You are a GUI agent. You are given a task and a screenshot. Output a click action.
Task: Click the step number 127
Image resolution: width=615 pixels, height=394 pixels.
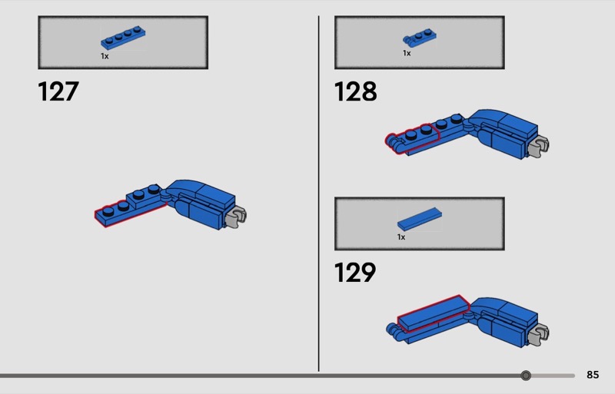(58, 91)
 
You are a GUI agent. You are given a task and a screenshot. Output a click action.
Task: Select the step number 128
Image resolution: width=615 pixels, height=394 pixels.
(355, 91)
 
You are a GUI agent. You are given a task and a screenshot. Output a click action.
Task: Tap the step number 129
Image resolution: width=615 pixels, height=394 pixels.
(355, 273)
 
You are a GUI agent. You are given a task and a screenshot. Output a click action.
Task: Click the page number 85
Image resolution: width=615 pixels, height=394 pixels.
(593, 375)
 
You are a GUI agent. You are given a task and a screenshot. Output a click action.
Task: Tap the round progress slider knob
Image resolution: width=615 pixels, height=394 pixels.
(526, 376)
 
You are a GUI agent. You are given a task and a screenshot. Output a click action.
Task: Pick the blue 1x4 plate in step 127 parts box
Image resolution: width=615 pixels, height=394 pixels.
(123, 38)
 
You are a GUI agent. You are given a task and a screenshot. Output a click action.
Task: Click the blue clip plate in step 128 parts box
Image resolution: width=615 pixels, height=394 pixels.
(419, 38)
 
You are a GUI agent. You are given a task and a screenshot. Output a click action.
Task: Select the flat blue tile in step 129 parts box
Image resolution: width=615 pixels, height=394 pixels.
(419, 219)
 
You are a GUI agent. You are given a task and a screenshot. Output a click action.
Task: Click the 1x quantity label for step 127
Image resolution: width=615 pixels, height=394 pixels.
(105, 56)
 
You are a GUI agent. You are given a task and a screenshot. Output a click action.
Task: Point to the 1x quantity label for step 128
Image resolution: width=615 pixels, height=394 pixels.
(407, 53)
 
